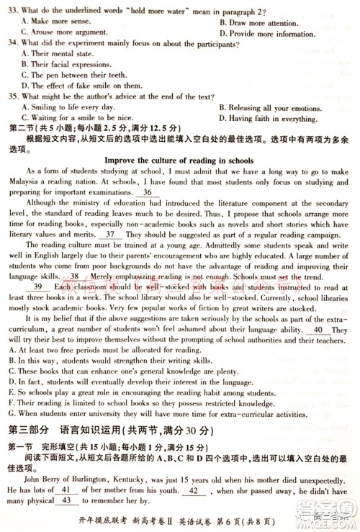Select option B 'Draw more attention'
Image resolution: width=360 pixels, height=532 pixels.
[x=264, y=22]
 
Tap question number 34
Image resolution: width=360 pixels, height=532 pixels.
[x=12, y=42]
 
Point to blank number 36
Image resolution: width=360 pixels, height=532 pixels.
[x=147, y=193]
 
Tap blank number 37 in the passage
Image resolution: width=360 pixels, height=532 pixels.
[x=110, y=235]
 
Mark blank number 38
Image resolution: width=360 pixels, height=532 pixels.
[x=75, y=276]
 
